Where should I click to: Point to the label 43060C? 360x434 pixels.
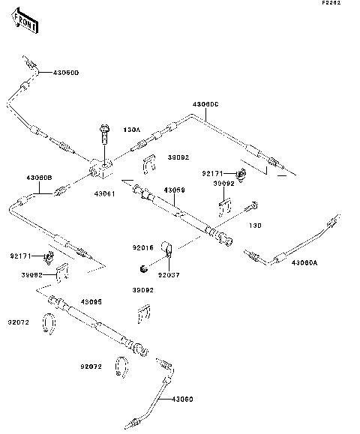coord(205,103)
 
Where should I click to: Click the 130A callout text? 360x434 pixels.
coord(131,130)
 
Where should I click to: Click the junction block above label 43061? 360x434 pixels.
coord(100,169)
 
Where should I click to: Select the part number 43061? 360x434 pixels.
coord(104,193)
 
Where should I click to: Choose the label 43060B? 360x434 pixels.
coord(38,178)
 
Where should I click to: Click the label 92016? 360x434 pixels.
coord(143,246)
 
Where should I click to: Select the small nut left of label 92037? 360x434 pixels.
coord(142,268)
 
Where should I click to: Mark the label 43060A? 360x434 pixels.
coord(305,262)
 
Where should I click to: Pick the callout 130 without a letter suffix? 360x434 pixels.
coord(256,225)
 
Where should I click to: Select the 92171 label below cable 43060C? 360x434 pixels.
coord(212,173)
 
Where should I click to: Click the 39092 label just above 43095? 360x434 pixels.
coord(144,289)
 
